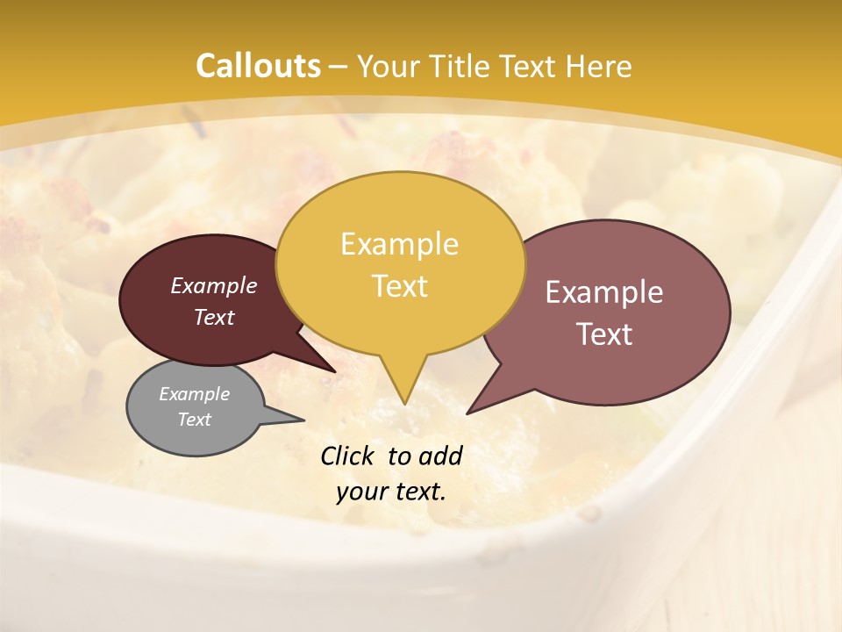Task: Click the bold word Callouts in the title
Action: click(x=258, y=66)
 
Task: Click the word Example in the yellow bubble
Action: click(x=399, y=244)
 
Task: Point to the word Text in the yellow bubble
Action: click(x=399, y=286)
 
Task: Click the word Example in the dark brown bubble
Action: click(x=214, y=285)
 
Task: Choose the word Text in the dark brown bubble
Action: click(x=214, y=317)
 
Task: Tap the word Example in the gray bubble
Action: click(x=194, y=394)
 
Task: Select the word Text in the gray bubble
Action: click(x=194, y=420)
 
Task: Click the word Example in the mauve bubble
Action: click(x=604, y=292)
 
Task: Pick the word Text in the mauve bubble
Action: click(x=604, y=334)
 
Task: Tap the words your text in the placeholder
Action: click(x=391, y=492)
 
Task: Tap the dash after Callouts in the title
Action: click(x=339, y=66)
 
